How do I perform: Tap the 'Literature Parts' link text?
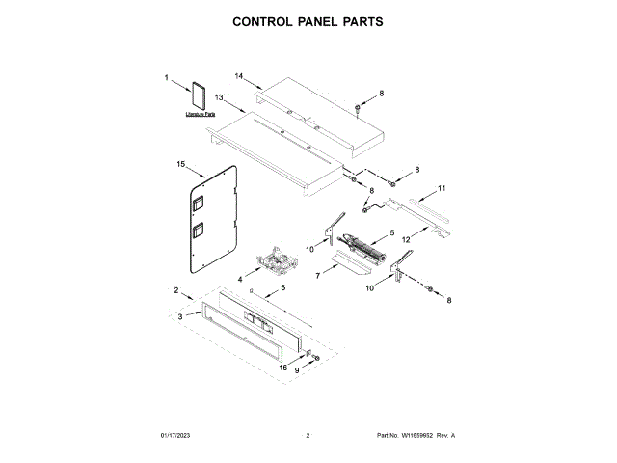click(x=201, y=115)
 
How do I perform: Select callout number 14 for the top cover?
click(x=240, y=74)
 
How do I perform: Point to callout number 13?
click(x=219, y=97)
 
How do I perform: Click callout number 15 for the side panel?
click(x=180, y=164)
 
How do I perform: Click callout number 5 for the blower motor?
click(x=392, y=232)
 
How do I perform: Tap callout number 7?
click(x=318, y=276)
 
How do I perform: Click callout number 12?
click(x=406, y=238)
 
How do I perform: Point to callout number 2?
click(x=176, y=289)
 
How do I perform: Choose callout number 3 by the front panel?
click(x=179, y=316)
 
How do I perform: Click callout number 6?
click(x=282, y=287)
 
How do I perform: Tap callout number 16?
click(x=283, y=367)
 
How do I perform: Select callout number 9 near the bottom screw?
click(x=297, y=370)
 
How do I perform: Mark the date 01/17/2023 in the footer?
click(x=176, y=436)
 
